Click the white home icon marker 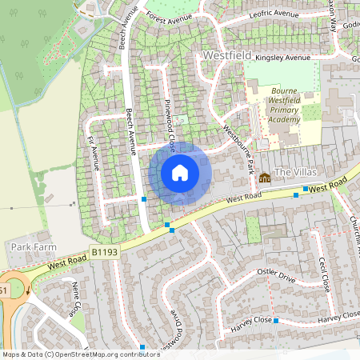[x=180, y=172]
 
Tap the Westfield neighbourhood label [x=227, y=55]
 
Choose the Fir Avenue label [x=91, y=152]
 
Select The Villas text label [x=297, y=172]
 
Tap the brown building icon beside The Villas [x=265, y=177]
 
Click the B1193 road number [x=104, y=252]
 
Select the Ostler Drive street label [x=276, y=275]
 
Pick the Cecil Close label [x=324, y=274]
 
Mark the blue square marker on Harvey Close [x=275, y=321]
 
